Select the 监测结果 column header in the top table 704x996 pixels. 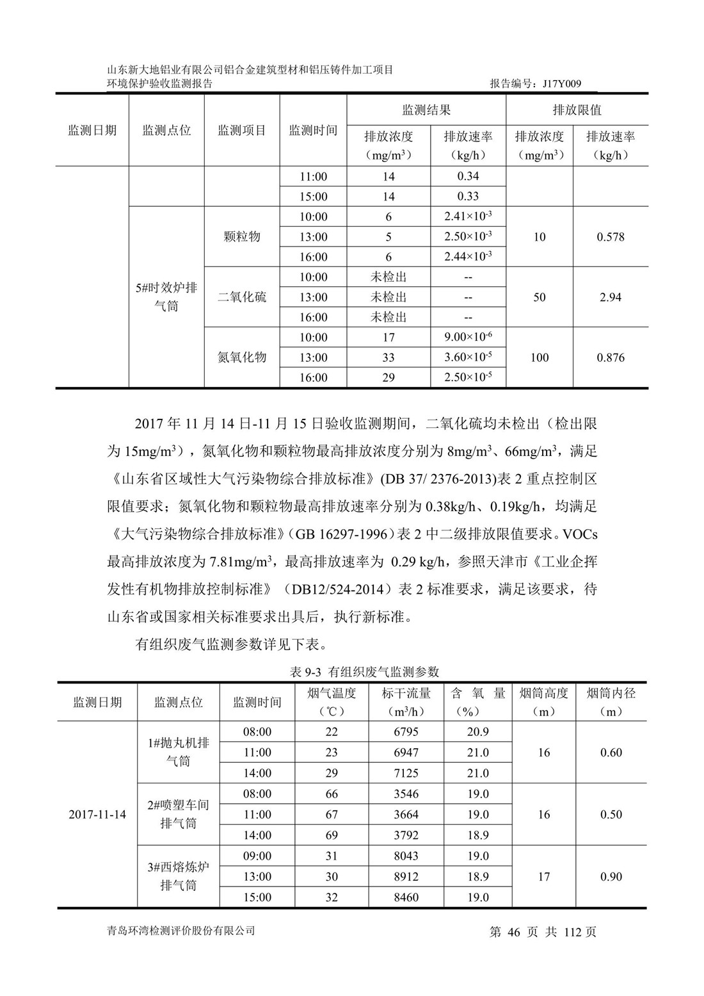[426, 110]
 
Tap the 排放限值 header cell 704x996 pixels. [577, 110]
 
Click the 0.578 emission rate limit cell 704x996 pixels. [610, 237]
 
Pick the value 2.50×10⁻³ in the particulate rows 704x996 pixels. [468, 236]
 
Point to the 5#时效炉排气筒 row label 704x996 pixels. [166, 297]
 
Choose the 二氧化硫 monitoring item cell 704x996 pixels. [242, 297]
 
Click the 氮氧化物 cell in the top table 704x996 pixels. [242, 357]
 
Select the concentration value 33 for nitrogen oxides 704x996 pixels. [388, 358]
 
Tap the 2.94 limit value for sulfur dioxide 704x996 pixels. [610, 297]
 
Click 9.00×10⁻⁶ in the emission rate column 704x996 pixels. [468, 337]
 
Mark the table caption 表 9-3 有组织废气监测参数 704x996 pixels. [364, 672]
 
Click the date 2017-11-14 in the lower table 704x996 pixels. [97, 815]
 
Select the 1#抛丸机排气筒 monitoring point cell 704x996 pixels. [179, 753]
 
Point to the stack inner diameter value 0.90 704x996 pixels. [611, 876]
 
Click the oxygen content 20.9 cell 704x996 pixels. [477, 732]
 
